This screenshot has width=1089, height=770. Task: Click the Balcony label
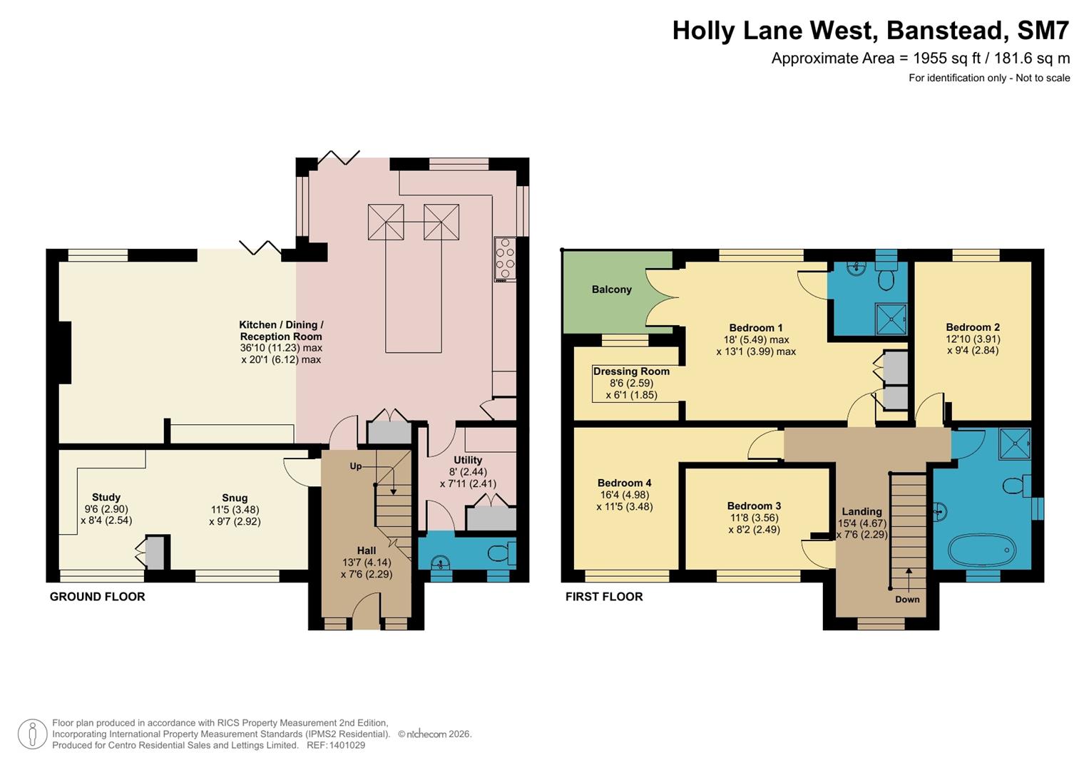click(611, 289)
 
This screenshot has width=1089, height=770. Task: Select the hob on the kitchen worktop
click(505, 260)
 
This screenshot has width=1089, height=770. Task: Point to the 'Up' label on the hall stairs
click(355, 466)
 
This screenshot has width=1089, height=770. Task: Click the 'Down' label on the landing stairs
click(907, 599)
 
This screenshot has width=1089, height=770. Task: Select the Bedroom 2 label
click(973, 327)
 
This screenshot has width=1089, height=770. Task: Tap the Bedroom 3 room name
click(755, 505)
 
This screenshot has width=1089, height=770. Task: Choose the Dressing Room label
click(631, 371)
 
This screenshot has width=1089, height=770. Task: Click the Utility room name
click(468, 460)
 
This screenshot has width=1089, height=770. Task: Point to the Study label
click(106, 497)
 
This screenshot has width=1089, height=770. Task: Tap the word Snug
click(235, 498)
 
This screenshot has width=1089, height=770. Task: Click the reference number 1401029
click(346, 745)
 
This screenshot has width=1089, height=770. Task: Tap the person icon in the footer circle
click(32, 734)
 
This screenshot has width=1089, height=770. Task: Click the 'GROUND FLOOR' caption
click(97, 597)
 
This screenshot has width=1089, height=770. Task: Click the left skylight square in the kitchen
click(385, 222)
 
